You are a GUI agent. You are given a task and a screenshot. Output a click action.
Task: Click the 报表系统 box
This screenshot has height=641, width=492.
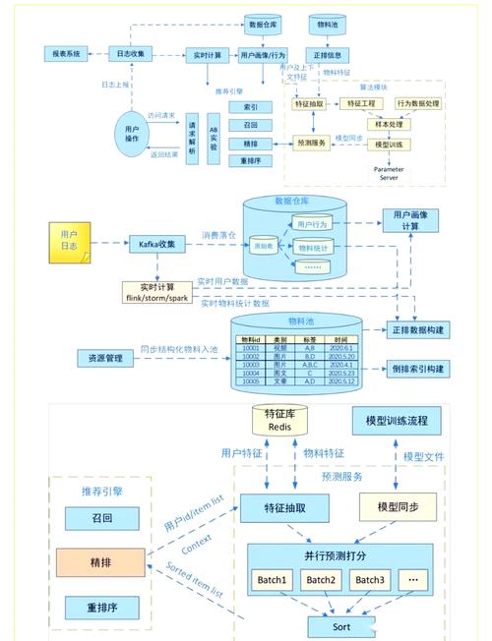point(68,53)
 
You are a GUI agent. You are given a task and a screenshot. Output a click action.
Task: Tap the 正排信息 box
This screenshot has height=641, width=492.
point(328,55)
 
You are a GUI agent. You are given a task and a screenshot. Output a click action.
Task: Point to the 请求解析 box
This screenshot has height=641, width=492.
point(193,138)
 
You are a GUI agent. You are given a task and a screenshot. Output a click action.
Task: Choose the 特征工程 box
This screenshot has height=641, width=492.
point(357,104)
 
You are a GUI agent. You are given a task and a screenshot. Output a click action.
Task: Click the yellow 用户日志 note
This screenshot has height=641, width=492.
point(69,242)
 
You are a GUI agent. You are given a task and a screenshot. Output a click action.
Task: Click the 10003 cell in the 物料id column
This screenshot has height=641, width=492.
point(251,365)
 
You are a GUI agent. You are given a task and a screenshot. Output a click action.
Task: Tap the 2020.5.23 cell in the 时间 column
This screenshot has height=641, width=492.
point(339,374)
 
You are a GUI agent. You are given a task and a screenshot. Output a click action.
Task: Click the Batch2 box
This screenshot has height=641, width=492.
point(320,579)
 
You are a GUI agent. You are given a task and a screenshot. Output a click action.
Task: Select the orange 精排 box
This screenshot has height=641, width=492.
point(100,562)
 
